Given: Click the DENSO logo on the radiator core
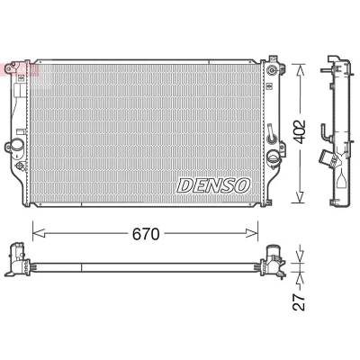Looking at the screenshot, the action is (x=213, y=185).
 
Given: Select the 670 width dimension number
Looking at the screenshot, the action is (x=146, y=234).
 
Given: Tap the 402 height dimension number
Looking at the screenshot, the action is (x=299, y=131).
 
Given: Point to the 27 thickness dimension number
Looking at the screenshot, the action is (x=299, y=302).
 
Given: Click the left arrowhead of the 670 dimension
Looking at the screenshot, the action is (x=39, y=233).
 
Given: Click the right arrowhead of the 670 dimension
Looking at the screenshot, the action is (x=251, y=233).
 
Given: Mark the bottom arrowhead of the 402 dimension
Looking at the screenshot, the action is (x=300, y=197).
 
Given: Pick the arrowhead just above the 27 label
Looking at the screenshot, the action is (x=300, y=281).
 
